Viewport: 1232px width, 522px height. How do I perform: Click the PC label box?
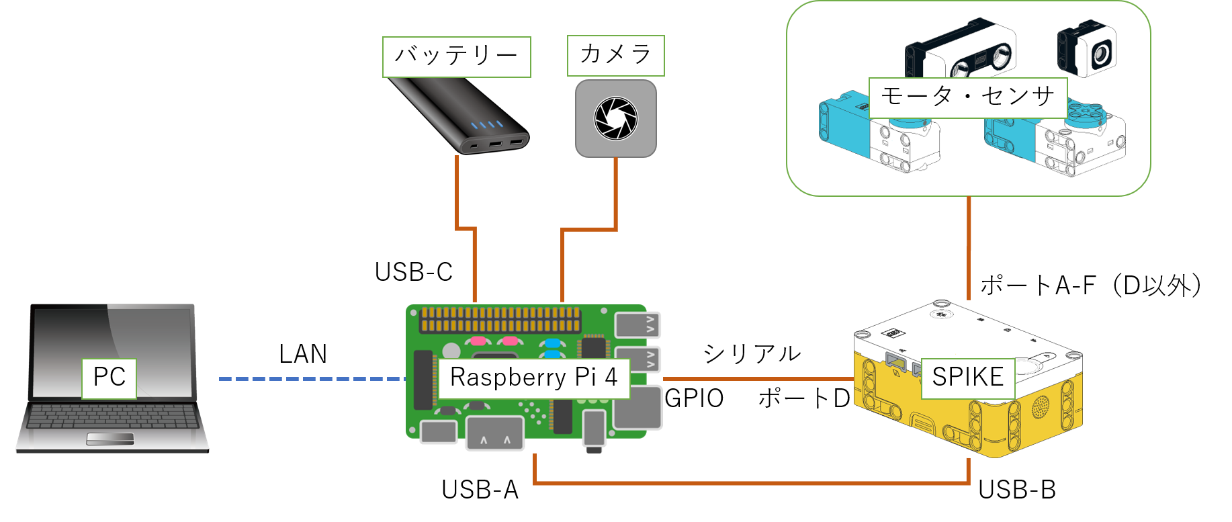tap(109, 378)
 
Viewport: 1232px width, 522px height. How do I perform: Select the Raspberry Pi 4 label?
tap(533, 378)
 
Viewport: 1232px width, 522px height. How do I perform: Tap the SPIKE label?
tap(967, 378)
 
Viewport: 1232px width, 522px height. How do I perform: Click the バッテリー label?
tap(456, 57)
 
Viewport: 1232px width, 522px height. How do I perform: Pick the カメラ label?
tap(615, 56)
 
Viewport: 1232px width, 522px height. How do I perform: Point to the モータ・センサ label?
tap(967, 98)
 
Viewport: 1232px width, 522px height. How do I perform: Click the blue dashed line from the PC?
tap(309, 379)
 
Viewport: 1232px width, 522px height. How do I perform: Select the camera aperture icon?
tap(615, 118)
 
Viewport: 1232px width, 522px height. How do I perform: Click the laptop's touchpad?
tap(110, 439)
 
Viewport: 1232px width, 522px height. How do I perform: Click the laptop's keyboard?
tap(113, 417)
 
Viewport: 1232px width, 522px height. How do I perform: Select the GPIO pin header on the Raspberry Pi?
tap(500, 320)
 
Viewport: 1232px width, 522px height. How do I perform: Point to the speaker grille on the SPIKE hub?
tap(1040, 405)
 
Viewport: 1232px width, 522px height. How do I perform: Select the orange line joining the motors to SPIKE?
tap(969, 249)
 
